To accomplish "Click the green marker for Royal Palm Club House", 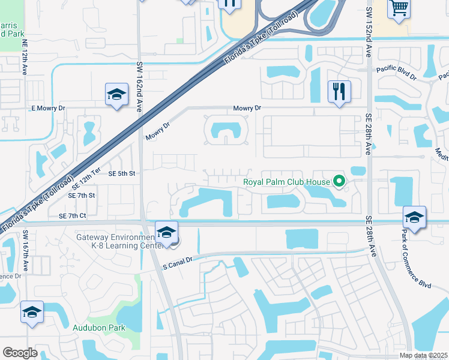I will click(x=339, y=181).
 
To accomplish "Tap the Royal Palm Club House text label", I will click(x=286, y=182).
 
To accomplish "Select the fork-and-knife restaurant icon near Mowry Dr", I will click(x=339, y=91).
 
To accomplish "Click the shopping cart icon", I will click(x=398, y=8).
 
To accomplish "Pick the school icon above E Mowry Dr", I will click(x=116, y=94).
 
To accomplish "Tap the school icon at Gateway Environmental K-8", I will click(x=166, y=232).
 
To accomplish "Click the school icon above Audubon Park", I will click(x=32, y=312).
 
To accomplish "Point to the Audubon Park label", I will click(x=99, y=328).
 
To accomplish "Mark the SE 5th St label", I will click(x=122, y=173).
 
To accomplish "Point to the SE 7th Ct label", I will click(x=73, y=215).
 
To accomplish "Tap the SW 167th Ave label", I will click(x=25, y=250).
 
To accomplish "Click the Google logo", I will click(x=20, y=352).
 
